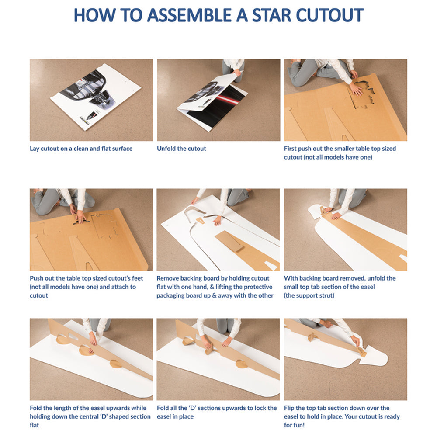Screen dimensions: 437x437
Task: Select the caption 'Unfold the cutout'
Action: pyautogui.click(x=181, y=149)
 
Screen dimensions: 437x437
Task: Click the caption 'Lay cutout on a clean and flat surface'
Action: pyautogui.click(x=81, y=149)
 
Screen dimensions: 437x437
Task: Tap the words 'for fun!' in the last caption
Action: pyautogui.click(x=294, y=425)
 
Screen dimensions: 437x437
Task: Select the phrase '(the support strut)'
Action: pyautogui.click(x=309, y=295)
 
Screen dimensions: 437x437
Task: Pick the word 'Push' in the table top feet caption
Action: pyautogui.click(x=36, y=278)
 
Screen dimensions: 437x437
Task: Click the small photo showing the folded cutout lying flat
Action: pyautogui.click(x=91, y=100)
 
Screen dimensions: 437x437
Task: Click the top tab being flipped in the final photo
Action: pyautogui.click(x=362, y=352)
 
